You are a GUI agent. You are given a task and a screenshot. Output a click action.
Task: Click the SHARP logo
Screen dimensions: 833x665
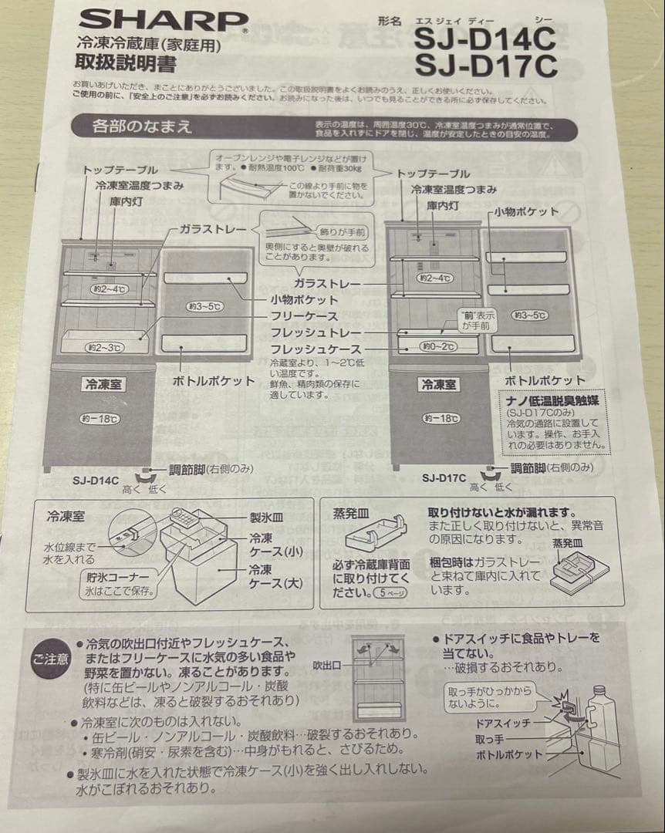pyautogui.click(x=163, y=21)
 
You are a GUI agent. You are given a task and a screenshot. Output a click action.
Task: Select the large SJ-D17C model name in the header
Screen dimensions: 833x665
pyautogui.click(x=485, y=67)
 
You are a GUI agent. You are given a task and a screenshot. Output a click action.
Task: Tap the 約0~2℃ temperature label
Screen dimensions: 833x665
pyautogui.click(x=438, y=346)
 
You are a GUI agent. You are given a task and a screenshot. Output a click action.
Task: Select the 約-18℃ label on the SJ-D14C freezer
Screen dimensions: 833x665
pyautogui.click(x=100, y=419)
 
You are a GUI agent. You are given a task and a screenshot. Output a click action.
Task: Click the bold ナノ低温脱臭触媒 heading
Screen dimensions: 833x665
pyautogui.click(x=552, y=401)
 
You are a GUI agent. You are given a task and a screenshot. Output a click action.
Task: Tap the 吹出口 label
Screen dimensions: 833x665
pyautogui.click(x=327, y=664)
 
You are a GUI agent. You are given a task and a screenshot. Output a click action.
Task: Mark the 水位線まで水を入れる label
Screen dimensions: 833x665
pyautogui.click(x=69, y=553)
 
